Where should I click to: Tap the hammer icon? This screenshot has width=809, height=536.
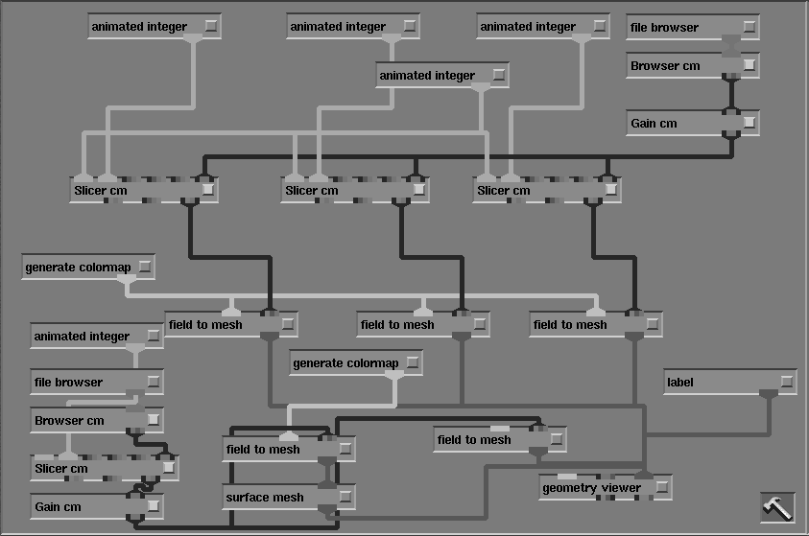coord(777,507)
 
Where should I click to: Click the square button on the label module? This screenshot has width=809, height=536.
coord(787,382)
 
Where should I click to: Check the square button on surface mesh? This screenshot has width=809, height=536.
coord(345,497)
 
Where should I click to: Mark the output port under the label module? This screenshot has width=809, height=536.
coord(768,394)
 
